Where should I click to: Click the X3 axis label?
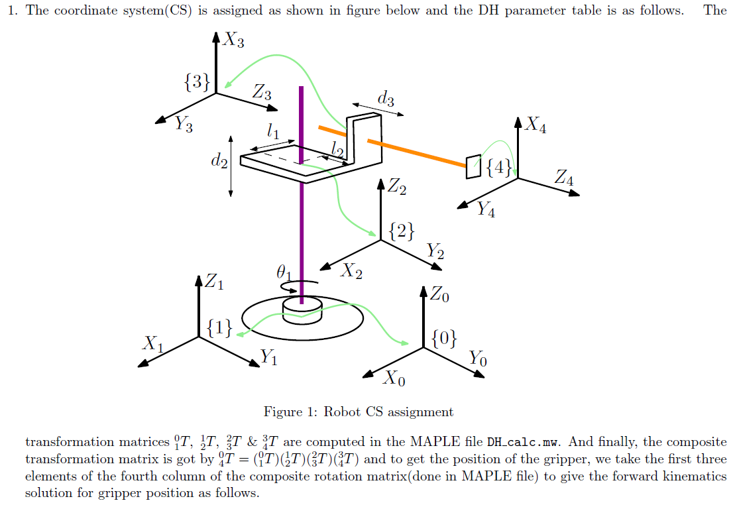(x=233, y=41)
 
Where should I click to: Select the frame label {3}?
(x=197, y=82)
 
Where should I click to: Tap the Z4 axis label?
(x=564, y=178)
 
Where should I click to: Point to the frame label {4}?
(x=498, y=168)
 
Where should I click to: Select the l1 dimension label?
(x=272, y=131)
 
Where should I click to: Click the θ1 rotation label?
(x=284, y=271)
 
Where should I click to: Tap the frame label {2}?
(x=402, y=231)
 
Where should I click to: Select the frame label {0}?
(x=443, y=339)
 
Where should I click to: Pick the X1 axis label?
(x=153, y=343)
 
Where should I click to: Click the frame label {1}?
(x=219, y=327)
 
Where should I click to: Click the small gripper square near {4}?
(x=473, y=166)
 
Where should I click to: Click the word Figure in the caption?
(x=282, y=412)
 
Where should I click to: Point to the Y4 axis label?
(x=486, y=210)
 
